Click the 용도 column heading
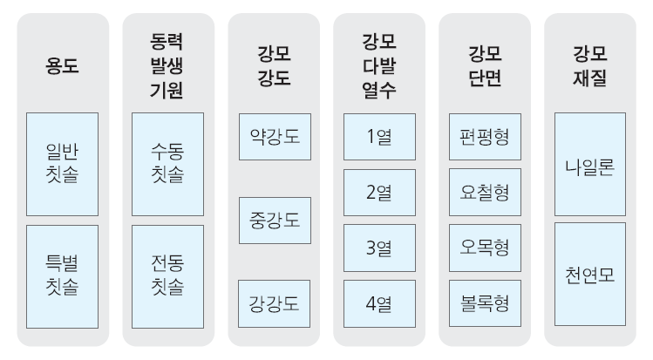[62, 65]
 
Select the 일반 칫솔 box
[63, 164]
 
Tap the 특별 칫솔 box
[63, 277]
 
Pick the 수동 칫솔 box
[168, 164]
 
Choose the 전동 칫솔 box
[168, 277]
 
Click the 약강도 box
[275, 137]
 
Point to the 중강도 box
[275, 221]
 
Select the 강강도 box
[274, 304]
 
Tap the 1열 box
[379, 137]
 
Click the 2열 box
[379, 193]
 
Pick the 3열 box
[379, 248]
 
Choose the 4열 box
[379, 304]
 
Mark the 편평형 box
[485, 137]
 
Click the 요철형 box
[485, 193]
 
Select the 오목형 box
[485, 248]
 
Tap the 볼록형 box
[485, 303]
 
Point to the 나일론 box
[590, 164]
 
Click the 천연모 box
[590, 275]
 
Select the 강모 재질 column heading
[589, 65]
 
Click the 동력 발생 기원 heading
[167, 65]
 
